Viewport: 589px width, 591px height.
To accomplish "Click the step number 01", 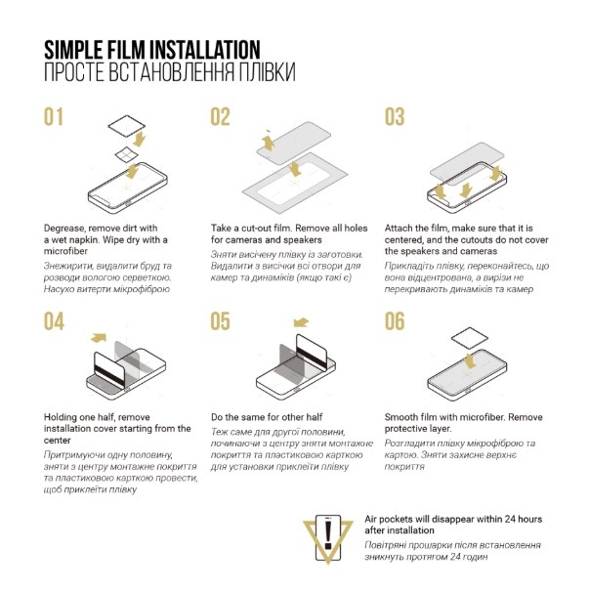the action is pos(53,117).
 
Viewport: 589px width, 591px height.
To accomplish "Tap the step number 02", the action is pos(220,117).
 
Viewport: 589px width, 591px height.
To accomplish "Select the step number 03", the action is pos(395,117).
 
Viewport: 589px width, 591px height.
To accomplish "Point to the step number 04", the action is pos(54,321).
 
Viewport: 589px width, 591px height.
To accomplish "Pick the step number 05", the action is pos(220,321).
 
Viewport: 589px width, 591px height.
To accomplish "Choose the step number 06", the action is pos(395,321).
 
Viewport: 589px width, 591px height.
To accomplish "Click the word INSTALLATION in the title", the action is pos(205,50).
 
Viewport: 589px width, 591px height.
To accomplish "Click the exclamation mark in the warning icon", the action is pos(328,535).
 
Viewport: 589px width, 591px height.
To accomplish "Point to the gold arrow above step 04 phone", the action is pos(99,338).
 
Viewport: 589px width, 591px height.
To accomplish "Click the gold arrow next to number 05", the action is pos(301,322).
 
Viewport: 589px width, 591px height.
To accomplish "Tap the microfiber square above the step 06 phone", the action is pos(470,338).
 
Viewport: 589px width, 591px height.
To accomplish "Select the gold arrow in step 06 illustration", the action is pos(470,361).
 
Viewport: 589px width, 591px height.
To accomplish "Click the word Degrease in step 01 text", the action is pos(64,229).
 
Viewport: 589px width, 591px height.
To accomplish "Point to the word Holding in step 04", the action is pos(60,418).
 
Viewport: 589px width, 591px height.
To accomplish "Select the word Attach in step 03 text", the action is pos(398,228).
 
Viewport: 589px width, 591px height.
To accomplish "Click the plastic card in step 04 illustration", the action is pos(108,370).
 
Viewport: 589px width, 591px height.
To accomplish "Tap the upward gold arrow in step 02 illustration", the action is pos(268,144).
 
